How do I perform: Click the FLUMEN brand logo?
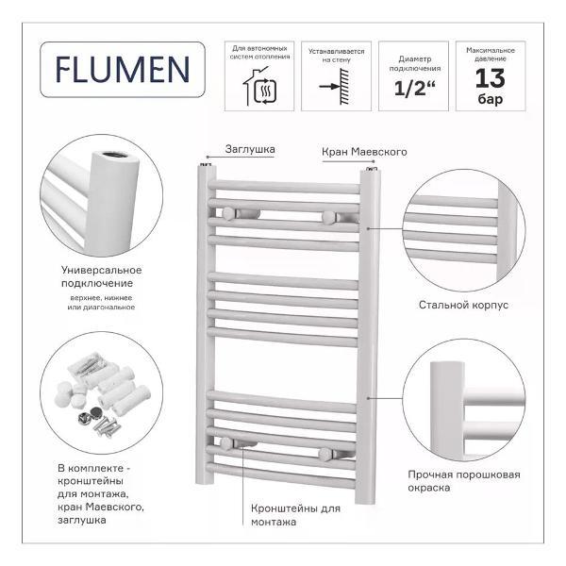pyautogui.click(x=123, y=70)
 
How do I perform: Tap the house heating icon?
pyautogui.click(x=260, y=87)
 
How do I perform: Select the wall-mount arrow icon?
pyautogui.click(x=335, y=87)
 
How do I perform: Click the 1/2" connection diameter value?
pyautogui.click(x=414, y=88)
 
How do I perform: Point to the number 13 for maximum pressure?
pyautogui.click(x=490, y=78)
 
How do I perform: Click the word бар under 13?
pyautogui.click(x=491, y=98)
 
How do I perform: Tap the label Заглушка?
pyautogui.click(x=250, y=149)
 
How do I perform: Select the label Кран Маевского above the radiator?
pyautogui.click(x=364, y=152)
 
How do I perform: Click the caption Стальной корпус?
pyautogui.click(x=463, y=305)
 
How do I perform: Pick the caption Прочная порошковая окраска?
pyautogui.click(x=464, y=481)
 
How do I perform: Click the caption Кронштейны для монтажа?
pyautogui.click(x=295, y=515)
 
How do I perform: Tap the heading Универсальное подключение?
pyautogui.click(x=102, y=276)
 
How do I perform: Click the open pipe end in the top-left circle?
pyautogui.click(x=114, y=156)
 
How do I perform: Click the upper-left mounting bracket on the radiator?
pyautogui.click(x=228, y=214)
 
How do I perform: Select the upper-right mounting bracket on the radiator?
pyautogui.click(x=328, y=218)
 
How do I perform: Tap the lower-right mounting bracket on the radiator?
pyautogui.click(x=325, y=455)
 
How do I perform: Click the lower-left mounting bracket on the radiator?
pyautogui.click(x=227, y=443)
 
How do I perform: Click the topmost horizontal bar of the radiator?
pyautogui.click(x=284, y=187)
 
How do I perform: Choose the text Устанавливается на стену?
pyautogui.click(x=337, y=56)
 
